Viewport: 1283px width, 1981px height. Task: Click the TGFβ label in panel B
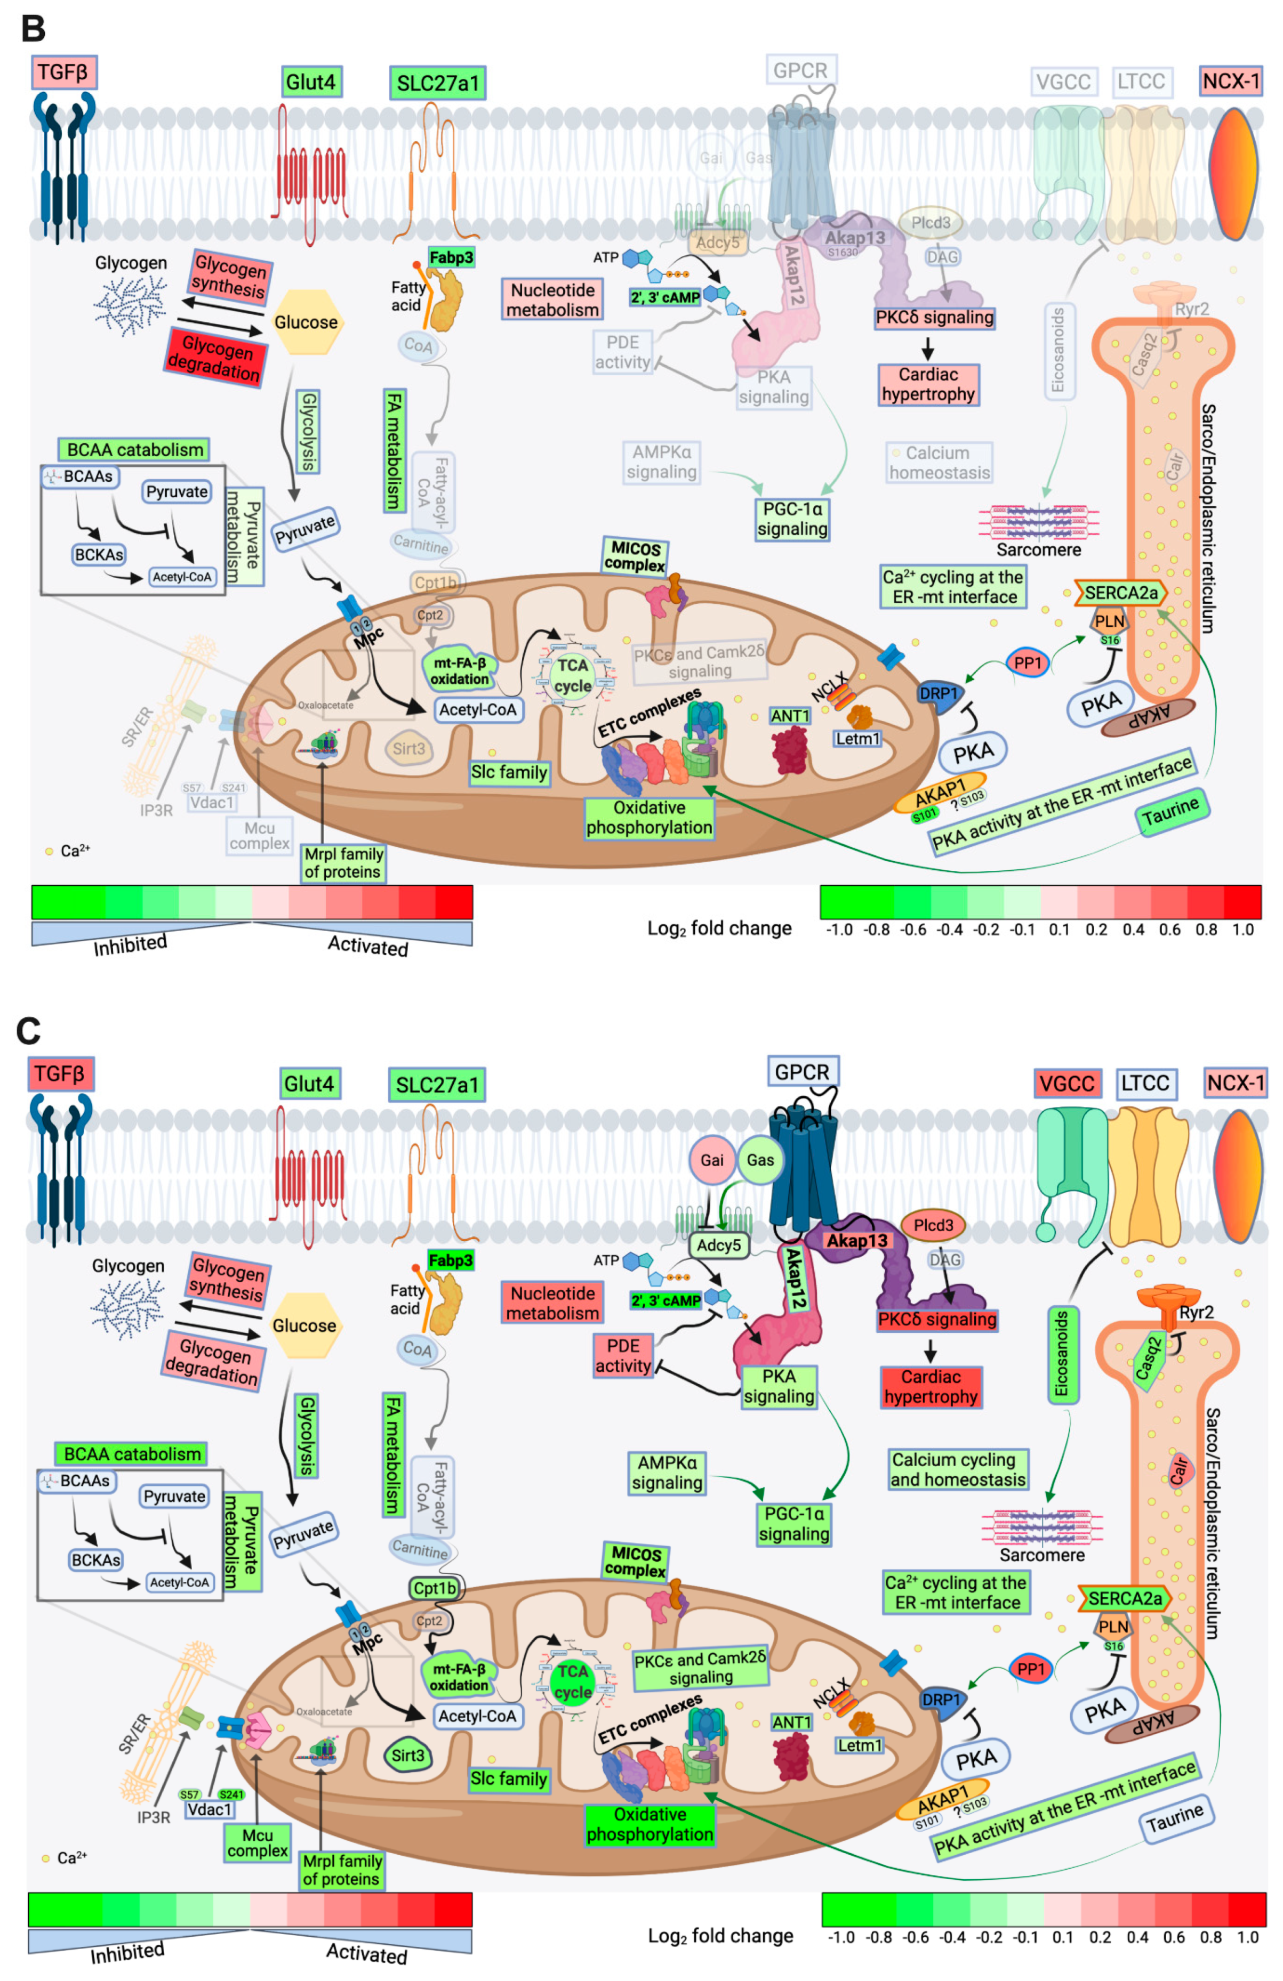click(64, 72)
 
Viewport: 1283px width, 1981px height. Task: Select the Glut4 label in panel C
click(309, 1084)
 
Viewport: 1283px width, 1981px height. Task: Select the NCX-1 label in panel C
click(1236, 1083)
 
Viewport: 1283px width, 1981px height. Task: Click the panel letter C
click(28, 1030)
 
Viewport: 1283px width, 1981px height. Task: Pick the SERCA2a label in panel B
click(1121, 593)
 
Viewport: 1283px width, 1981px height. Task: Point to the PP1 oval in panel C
click(1031, 1669)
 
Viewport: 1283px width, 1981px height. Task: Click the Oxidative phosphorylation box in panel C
click(649, 1824)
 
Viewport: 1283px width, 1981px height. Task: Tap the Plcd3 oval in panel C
click(933, 1225)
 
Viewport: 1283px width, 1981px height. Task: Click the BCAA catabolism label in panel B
click(134, 449)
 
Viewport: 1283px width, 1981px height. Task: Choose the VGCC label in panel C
click(1068, 1084)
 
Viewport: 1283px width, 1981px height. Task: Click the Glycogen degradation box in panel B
click(215, 357)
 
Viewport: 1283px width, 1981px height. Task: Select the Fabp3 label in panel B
click(451, 257)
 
